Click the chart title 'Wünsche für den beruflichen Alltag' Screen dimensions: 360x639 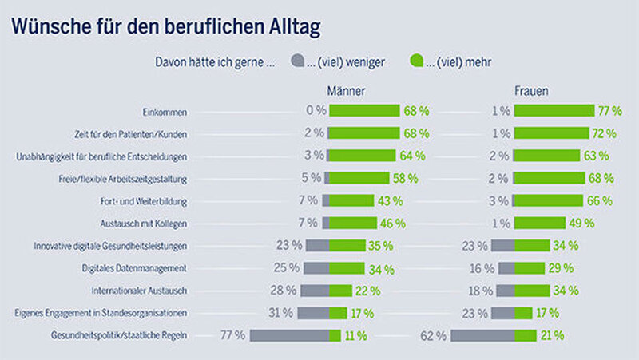click(165, 27)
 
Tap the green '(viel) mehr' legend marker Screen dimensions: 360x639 click(415, 61)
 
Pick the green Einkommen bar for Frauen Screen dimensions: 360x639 click(554, 111)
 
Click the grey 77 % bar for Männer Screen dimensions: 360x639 click(288, 335)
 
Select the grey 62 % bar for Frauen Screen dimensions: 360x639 click(482, 335)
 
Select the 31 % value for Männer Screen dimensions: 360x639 click(284, 313)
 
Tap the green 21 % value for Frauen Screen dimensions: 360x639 click(552, 335)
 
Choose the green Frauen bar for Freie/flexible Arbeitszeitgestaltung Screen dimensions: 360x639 click(550, 178)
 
